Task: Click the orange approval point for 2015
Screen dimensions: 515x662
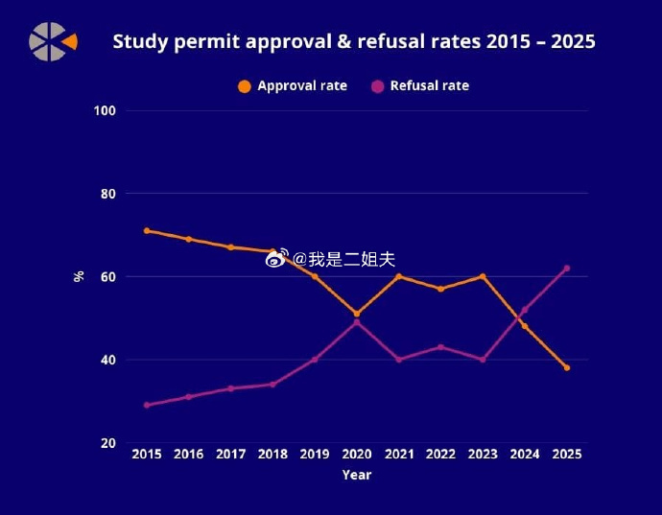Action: point(147,230)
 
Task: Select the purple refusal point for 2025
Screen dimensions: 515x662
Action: point(567,268)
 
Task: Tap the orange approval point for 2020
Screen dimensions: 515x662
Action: point(357,314)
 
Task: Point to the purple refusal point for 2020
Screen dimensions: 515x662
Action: point(357,322)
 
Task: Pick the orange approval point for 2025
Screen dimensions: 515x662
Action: point(567,367)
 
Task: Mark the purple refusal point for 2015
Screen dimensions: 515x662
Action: point(147,405)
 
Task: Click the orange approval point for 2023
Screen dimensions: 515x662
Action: point(483,276)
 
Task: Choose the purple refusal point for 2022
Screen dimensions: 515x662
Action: point(440,347)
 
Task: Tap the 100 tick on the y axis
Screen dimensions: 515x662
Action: point(105,111)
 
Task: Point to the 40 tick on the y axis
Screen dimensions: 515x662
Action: point(108,361)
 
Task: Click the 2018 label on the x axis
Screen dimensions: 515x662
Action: point(272,454)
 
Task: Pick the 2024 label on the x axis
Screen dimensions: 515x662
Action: point(525,454)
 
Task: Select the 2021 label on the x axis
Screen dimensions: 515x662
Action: point(398,454)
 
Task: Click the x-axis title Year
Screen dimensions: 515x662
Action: point(356,475)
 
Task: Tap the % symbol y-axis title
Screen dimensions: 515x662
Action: point(79,277)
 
